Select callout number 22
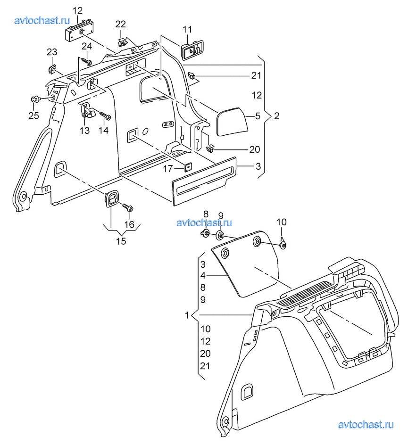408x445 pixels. coord(121,24)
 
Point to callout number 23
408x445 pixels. coord(51,52)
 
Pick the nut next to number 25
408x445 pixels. coord(35,99)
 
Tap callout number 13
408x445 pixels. coord(84,131)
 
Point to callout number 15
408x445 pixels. coord(121,241)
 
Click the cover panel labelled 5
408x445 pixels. coord(231,120)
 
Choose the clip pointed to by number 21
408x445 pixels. coord(192,75)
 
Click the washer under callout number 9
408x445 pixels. coord(220,235)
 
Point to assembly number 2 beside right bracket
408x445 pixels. coord(276,116)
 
